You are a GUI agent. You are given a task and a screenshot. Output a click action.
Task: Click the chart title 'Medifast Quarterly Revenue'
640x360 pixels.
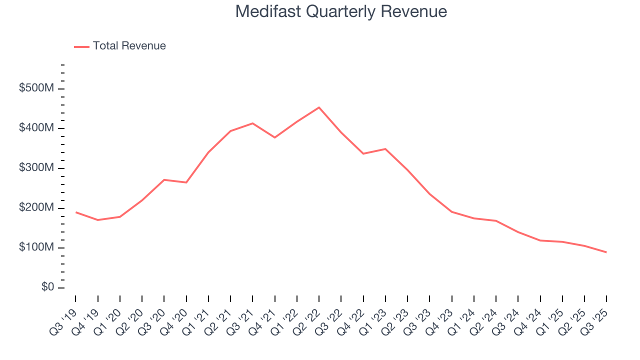coord(341,11)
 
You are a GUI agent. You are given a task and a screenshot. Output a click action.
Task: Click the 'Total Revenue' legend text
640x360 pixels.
coord(129,46)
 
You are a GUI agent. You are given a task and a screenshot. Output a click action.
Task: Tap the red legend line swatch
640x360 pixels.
coord(81,46)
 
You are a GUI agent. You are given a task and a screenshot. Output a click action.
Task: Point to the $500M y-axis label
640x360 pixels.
coord(36,88)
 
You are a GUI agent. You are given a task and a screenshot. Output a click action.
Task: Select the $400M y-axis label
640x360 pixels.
coord(36,128)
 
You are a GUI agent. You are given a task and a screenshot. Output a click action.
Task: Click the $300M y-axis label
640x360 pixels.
coord(36,168)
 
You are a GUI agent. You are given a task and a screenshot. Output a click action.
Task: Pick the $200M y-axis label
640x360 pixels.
coord(36,208)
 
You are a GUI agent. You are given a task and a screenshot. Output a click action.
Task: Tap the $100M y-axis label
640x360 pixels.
coord(36,248)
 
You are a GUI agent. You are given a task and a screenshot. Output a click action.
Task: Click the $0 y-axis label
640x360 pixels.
coord(48,287)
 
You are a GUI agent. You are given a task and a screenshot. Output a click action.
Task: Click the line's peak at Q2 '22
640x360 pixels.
coord(319,107)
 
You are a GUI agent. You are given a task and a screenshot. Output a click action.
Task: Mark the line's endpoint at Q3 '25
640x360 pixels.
coord(606,252)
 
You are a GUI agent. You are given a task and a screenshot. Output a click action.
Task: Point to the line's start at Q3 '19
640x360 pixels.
coord(76,212)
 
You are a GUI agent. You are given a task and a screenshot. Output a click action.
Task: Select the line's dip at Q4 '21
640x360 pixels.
coord(274,137)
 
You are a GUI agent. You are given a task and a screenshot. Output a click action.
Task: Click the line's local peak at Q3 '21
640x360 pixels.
coord(252,123)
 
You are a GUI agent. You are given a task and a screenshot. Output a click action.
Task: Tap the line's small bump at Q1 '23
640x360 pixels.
coord(385,149)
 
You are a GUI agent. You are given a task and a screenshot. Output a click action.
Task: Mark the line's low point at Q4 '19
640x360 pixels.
coord(98,220)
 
